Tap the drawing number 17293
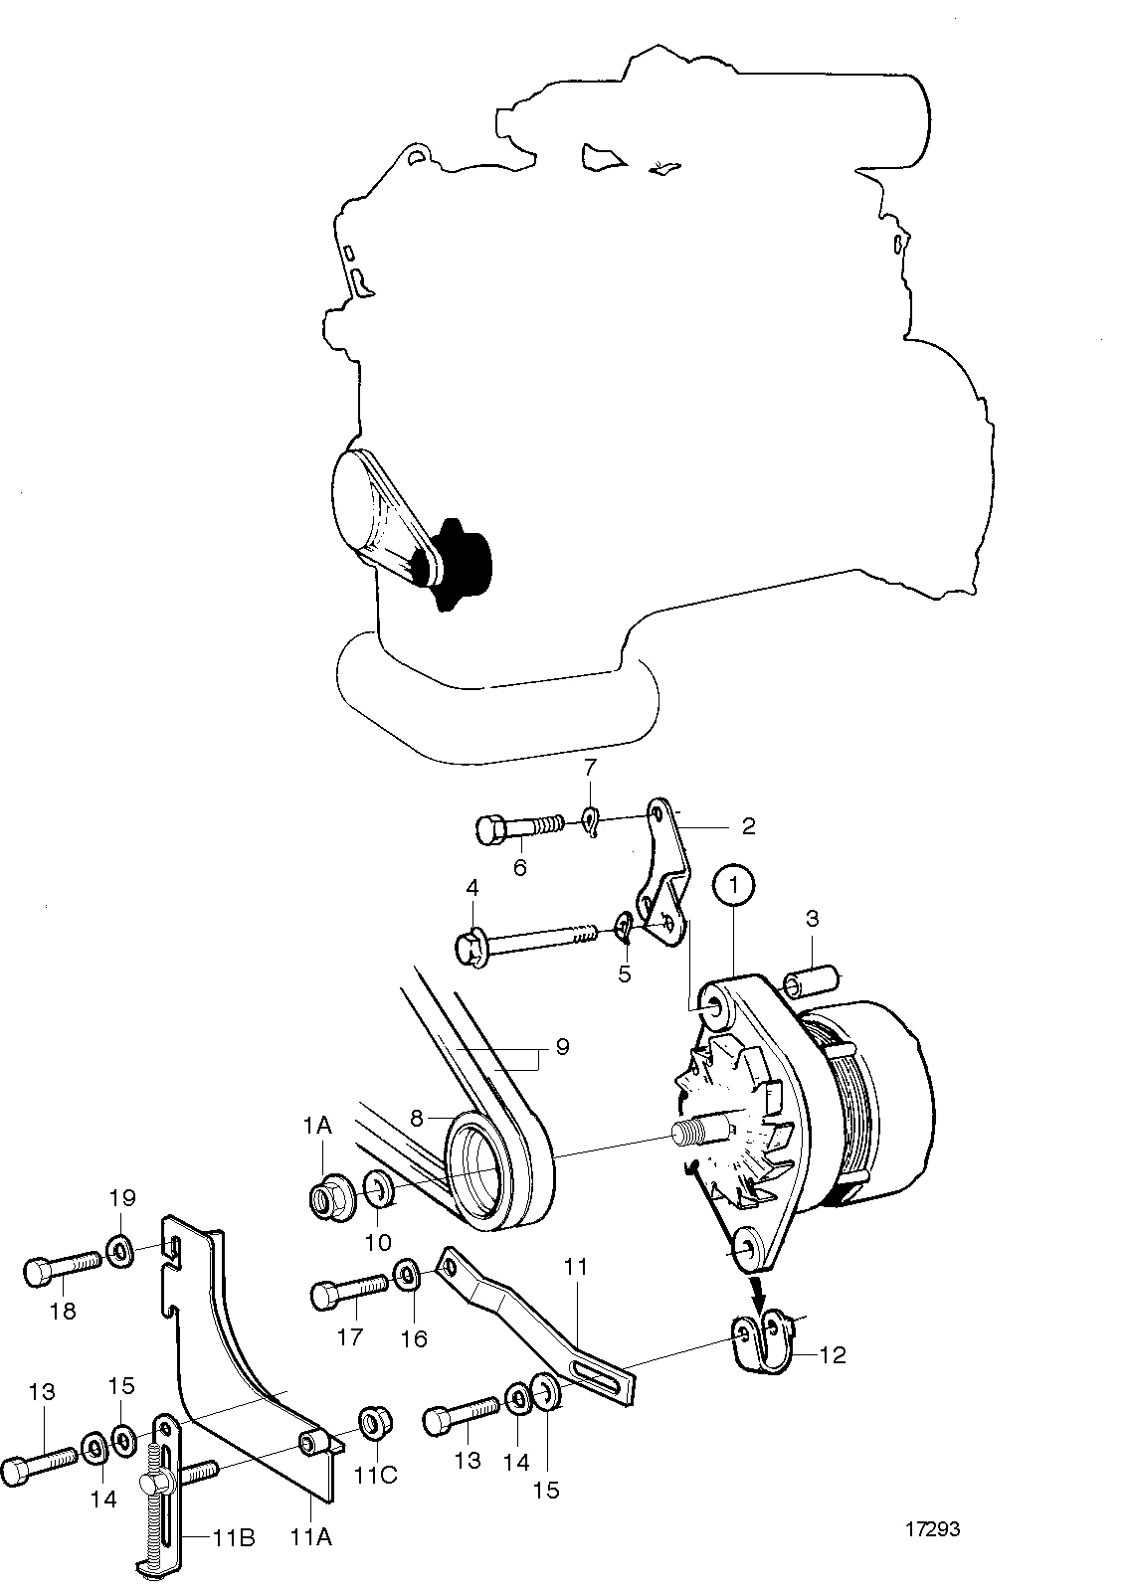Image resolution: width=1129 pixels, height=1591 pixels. click(932, 1528)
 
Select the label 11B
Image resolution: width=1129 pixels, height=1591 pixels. click(234, 1539)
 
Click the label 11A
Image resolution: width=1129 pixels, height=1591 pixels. click(310, 1537)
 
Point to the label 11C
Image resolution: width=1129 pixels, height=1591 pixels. click(376, 1476)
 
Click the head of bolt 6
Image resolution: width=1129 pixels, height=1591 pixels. click(489, 830)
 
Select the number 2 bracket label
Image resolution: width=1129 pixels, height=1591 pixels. click(748, 826)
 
